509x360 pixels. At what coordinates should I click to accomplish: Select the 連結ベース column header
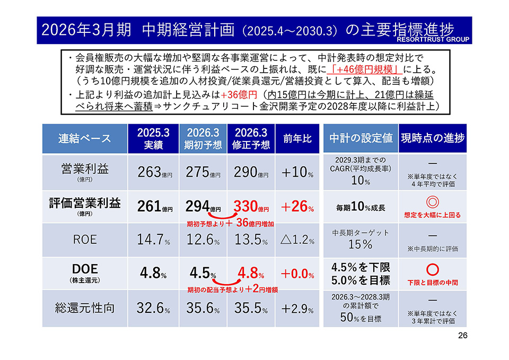tap(85, 139)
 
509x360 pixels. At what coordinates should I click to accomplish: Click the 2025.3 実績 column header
tap(153, 139)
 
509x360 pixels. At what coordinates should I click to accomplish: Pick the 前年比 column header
tap(297, 139)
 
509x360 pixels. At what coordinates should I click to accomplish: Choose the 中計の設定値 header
tap(361, 139)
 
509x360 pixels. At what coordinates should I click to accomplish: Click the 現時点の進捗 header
tap(433, 139)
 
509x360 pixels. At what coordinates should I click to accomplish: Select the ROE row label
tap(85, 240)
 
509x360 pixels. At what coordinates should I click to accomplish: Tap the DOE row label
tap(85, 270)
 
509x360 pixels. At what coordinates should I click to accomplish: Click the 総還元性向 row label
tap(85, 308)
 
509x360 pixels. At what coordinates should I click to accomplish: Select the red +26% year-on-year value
tap(297, 206)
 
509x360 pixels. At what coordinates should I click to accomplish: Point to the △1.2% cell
tap(297, 240)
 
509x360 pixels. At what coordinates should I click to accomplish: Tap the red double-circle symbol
tap(433, 202)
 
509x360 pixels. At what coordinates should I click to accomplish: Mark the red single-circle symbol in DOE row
tap(433, 269)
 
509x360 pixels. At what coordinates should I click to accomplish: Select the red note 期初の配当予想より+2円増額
tap(233, 290)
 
